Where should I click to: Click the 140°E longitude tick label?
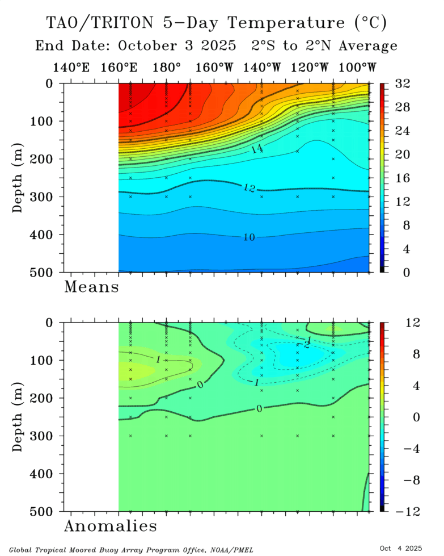tap(71, 68)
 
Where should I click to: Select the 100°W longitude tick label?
tap(358, 68)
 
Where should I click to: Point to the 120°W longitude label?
tap(310, 68)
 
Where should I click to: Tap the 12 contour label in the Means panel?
tap(248, 188)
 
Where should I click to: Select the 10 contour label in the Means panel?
tap(248, 237)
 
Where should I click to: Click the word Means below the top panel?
tap(91, 287)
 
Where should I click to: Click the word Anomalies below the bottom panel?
tap(110, 526)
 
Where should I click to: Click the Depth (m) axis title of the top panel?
tap(19, 178)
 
